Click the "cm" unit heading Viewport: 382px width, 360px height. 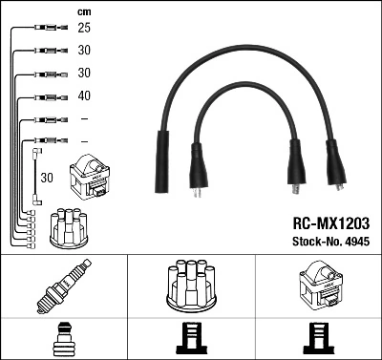pos(85,11)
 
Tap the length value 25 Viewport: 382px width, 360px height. pos(84,29)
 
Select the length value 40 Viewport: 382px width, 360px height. pos(84,95)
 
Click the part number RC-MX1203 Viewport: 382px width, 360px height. pos(323,221)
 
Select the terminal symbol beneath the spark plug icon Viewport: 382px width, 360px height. pos(63,339)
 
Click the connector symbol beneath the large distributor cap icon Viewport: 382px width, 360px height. pos(191,339)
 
